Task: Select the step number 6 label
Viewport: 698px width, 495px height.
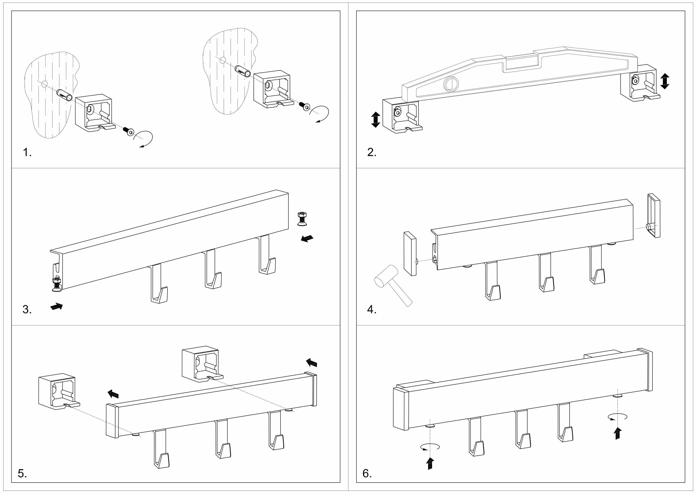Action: coord(367,473)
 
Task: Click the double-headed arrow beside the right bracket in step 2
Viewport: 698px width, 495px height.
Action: coord(665,81)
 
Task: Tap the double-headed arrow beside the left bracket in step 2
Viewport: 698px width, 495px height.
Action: coord(375,119)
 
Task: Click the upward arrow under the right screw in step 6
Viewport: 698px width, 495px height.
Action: coord(618,433)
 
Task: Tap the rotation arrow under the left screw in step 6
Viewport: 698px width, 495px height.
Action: coord(430,447)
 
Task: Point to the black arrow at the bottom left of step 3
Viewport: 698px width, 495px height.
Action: coord(57,306)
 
